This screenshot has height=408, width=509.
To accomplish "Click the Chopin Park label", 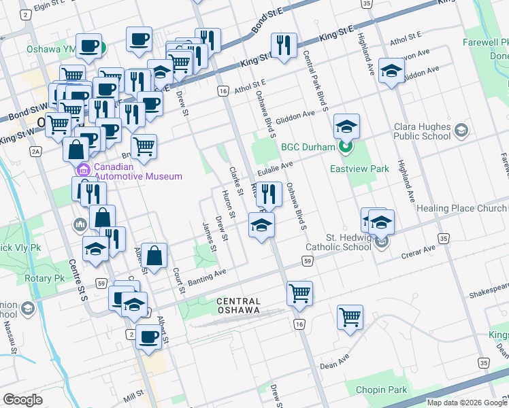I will [x=381, y=390].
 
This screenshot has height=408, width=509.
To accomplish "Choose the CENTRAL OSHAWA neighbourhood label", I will [x=238, y=305].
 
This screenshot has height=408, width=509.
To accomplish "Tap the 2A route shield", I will [x=36, y=151].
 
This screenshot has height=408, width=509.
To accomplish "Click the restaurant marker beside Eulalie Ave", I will [x=269, y=194].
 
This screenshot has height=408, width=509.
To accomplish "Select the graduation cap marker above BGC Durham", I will [x=346, y=126].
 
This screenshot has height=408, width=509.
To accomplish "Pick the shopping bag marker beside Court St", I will [x=154, y=256].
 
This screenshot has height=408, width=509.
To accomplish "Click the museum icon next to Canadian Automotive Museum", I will [x=84, y=169].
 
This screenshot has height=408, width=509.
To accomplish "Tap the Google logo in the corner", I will [x=22, y=400].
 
